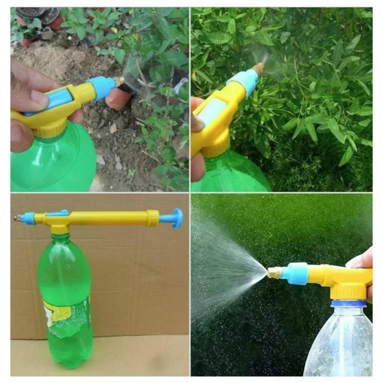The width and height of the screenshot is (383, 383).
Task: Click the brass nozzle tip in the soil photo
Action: coord(119,81)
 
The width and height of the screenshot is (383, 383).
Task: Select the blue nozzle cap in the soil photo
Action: coord(102,88)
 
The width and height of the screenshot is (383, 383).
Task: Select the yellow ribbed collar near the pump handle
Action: coord(153,218)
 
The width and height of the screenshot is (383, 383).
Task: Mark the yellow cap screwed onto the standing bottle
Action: coord(60,229)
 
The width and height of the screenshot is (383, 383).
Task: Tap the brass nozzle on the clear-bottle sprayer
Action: coord(274,273)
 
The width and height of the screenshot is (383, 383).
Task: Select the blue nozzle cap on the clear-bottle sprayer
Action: coord(294,273)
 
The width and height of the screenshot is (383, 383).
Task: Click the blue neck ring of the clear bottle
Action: coord(349,303)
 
